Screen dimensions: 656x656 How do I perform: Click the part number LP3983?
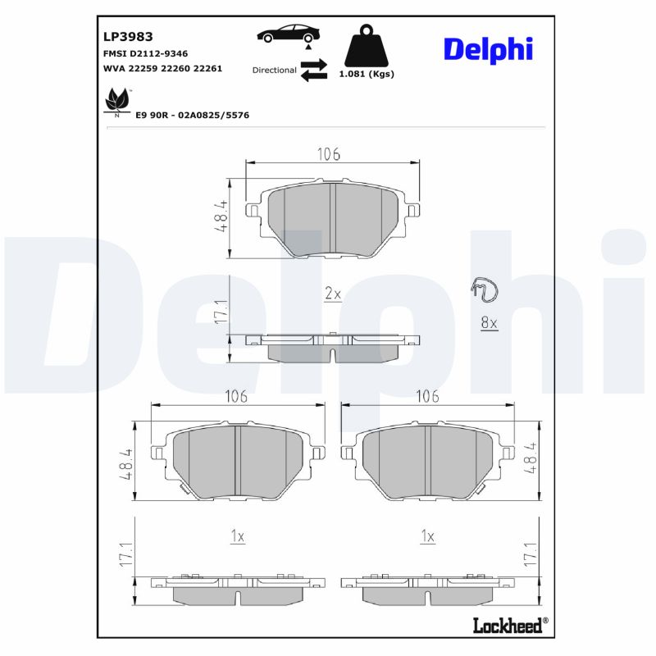pos(128,37)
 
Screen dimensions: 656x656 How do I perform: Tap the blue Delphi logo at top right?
pos(488,48)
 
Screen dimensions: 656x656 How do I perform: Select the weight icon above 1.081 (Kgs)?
pos(367,48)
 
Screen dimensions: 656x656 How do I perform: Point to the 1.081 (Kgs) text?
pos(367,74)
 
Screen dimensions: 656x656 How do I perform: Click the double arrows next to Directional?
pos(313,70)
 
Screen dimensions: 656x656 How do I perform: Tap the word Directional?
pos(274,71)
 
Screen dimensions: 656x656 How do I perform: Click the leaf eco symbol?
pos(116,101)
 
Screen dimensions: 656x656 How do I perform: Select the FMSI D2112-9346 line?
pos(145,53)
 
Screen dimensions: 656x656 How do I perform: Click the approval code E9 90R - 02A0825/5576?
pos(192,116)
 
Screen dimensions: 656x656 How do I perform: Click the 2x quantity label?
pos(332,294)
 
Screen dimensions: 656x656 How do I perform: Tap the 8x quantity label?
pos(489,323)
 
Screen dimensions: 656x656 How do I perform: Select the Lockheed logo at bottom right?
pos(508,626)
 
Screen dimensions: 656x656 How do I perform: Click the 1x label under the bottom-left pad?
pos(237,536)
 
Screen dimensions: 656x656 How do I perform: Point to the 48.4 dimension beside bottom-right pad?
pos(531,459)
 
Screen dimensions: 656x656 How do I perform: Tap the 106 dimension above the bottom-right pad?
pos(427,396)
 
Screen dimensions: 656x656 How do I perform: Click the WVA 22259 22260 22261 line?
pos(162,69)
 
